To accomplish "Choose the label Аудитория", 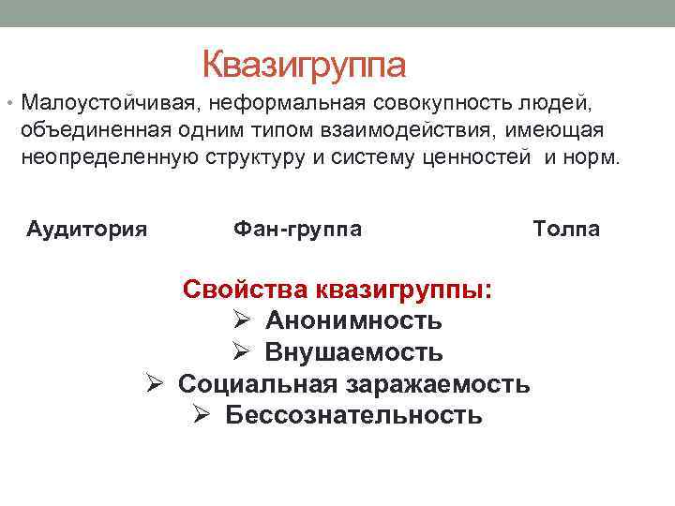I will [x=87, y=229].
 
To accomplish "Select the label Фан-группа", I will [x=297, y=229].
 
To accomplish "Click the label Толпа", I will [x=566, y=229].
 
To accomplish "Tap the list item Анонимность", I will [x=353, y=321].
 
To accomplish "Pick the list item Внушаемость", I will [x=354, y=353].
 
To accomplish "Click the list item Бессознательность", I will [x=354, y=415].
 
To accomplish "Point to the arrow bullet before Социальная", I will [x=157, y=384].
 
